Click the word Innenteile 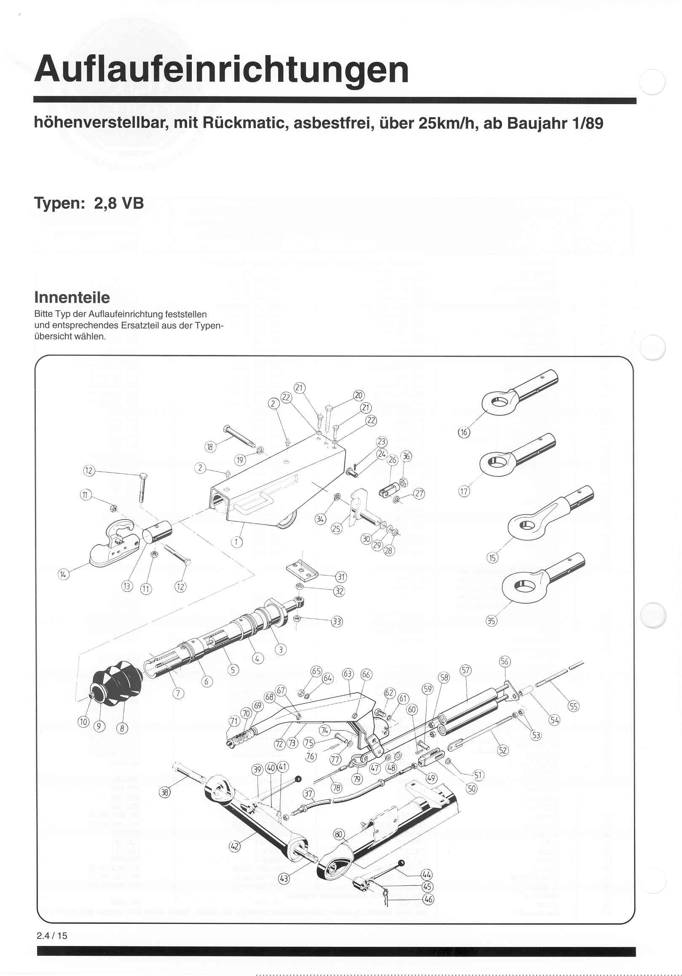[72, 297]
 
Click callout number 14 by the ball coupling [63, 575]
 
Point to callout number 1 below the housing [237, 542]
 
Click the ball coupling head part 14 [113, 546]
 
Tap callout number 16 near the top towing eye [464, 432]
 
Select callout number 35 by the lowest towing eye [491, 621]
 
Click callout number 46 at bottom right [428, 900]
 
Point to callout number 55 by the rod [574, 707]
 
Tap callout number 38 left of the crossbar [165, 791]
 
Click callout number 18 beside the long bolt [210, 447]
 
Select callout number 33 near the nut [337, 621]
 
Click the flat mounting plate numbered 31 [302, 571]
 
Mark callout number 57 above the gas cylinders [466, 670]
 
